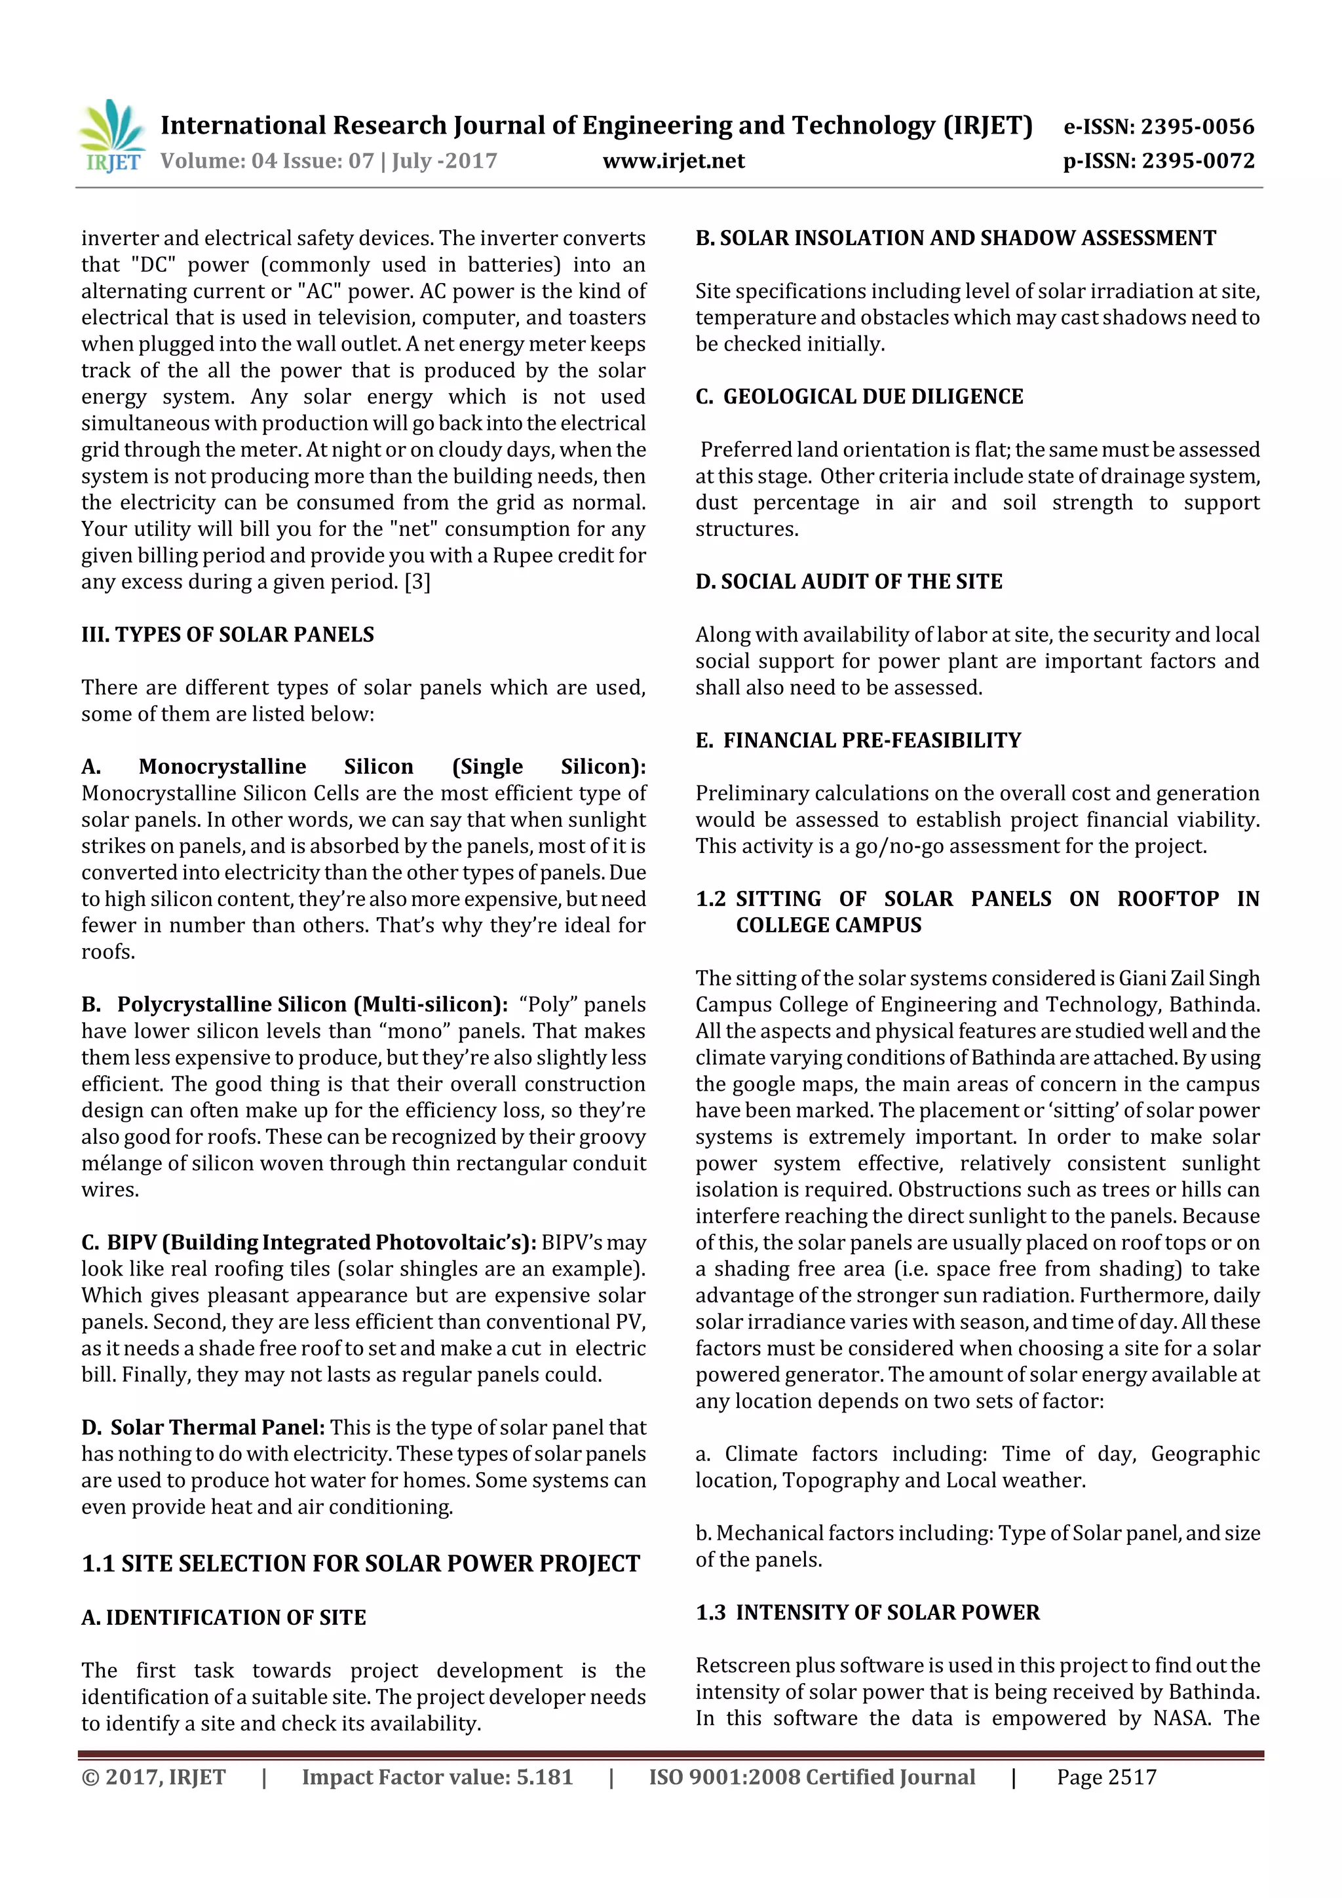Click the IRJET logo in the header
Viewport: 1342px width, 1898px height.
pos(113,135)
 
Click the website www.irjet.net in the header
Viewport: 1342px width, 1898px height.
pos(673,161)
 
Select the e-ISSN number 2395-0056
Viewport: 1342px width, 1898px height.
pos(1197,126)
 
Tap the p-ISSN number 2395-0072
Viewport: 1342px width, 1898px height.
pos(1197,161)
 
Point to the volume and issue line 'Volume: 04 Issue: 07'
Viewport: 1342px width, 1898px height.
pos(266,161)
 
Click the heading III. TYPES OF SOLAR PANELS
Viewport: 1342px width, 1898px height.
pos(227,635)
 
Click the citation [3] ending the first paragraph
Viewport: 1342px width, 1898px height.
pos(417,582)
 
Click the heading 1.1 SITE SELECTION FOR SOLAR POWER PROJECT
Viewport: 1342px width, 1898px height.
pos(360,1564)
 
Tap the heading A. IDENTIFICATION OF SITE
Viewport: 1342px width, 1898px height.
pos(223,1618)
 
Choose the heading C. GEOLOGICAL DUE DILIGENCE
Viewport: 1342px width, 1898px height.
pos(859,397)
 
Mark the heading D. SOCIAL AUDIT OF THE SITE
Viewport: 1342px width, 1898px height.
pos(849,582)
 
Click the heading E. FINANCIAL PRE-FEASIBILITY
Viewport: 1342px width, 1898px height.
pos(858,741)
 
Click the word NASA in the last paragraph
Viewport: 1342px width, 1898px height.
pos(1180,1718)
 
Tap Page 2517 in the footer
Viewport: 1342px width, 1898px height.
pos(1106,1777)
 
